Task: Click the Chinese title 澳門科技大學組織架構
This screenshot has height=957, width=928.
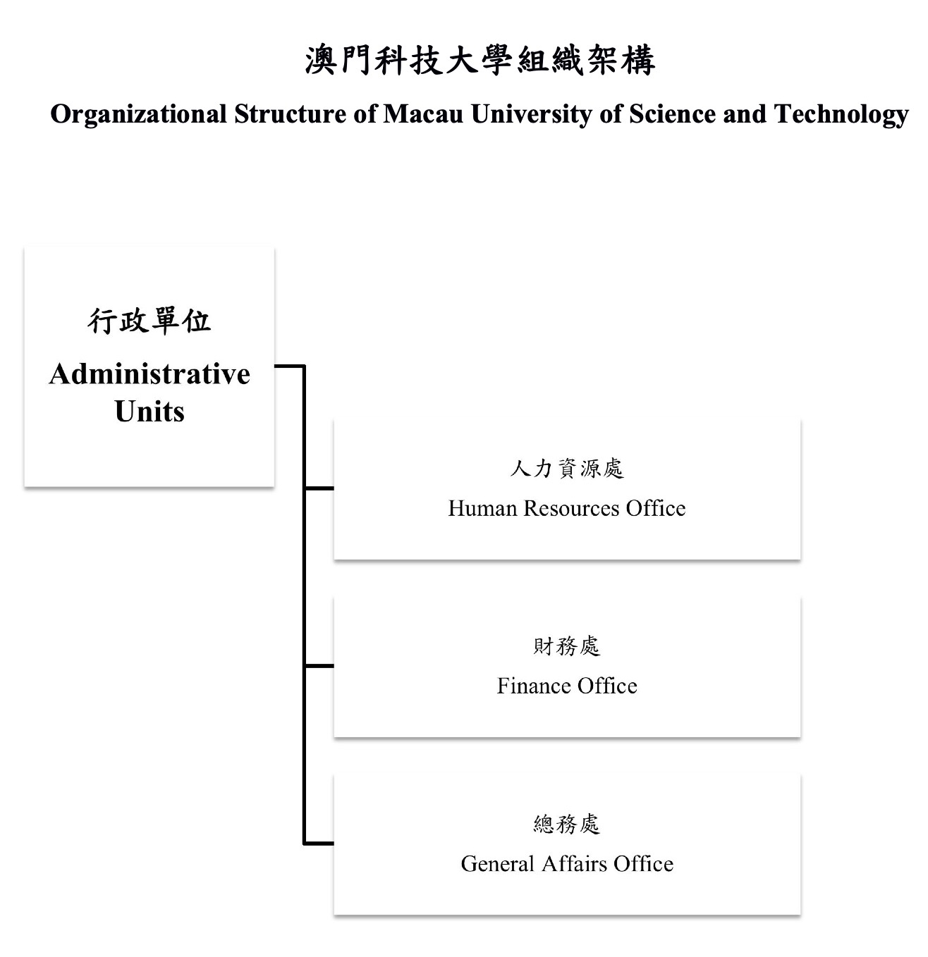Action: [480, 61]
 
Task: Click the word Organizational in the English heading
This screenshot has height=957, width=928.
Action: [139, 115]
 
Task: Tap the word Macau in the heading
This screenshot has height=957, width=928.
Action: [423, 114]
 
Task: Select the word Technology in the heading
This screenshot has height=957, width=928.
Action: [841, 115]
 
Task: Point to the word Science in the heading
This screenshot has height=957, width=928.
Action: [672, 114]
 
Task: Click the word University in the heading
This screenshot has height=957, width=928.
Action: [531, 115]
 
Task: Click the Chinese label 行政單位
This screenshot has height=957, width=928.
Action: [149, 321]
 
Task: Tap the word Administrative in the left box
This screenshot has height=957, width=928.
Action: [149, 373]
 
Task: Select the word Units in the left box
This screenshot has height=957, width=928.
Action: [149, 411]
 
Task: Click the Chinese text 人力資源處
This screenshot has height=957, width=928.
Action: [567, 469]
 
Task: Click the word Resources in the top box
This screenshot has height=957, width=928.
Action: [571, 509]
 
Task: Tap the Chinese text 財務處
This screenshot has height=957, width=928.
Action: [567, 646]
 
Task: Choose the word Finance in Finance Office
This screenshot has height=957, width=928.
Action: [534, 686]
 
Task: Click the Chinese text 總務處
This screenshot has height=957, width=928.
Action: [567, 825]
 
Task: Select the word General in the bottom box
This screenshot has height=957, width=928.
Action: [497, 864]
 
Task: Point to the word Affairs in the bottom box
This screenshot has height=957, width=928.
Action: [574, 864]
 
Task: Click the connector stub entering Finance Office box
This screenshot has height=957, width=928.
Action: [319, 666]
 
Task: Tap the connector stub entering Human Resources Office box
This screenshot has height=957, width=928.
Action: [319, 488]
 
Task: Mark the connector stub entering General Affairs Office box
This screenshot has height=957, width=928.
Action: [319, 844]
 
